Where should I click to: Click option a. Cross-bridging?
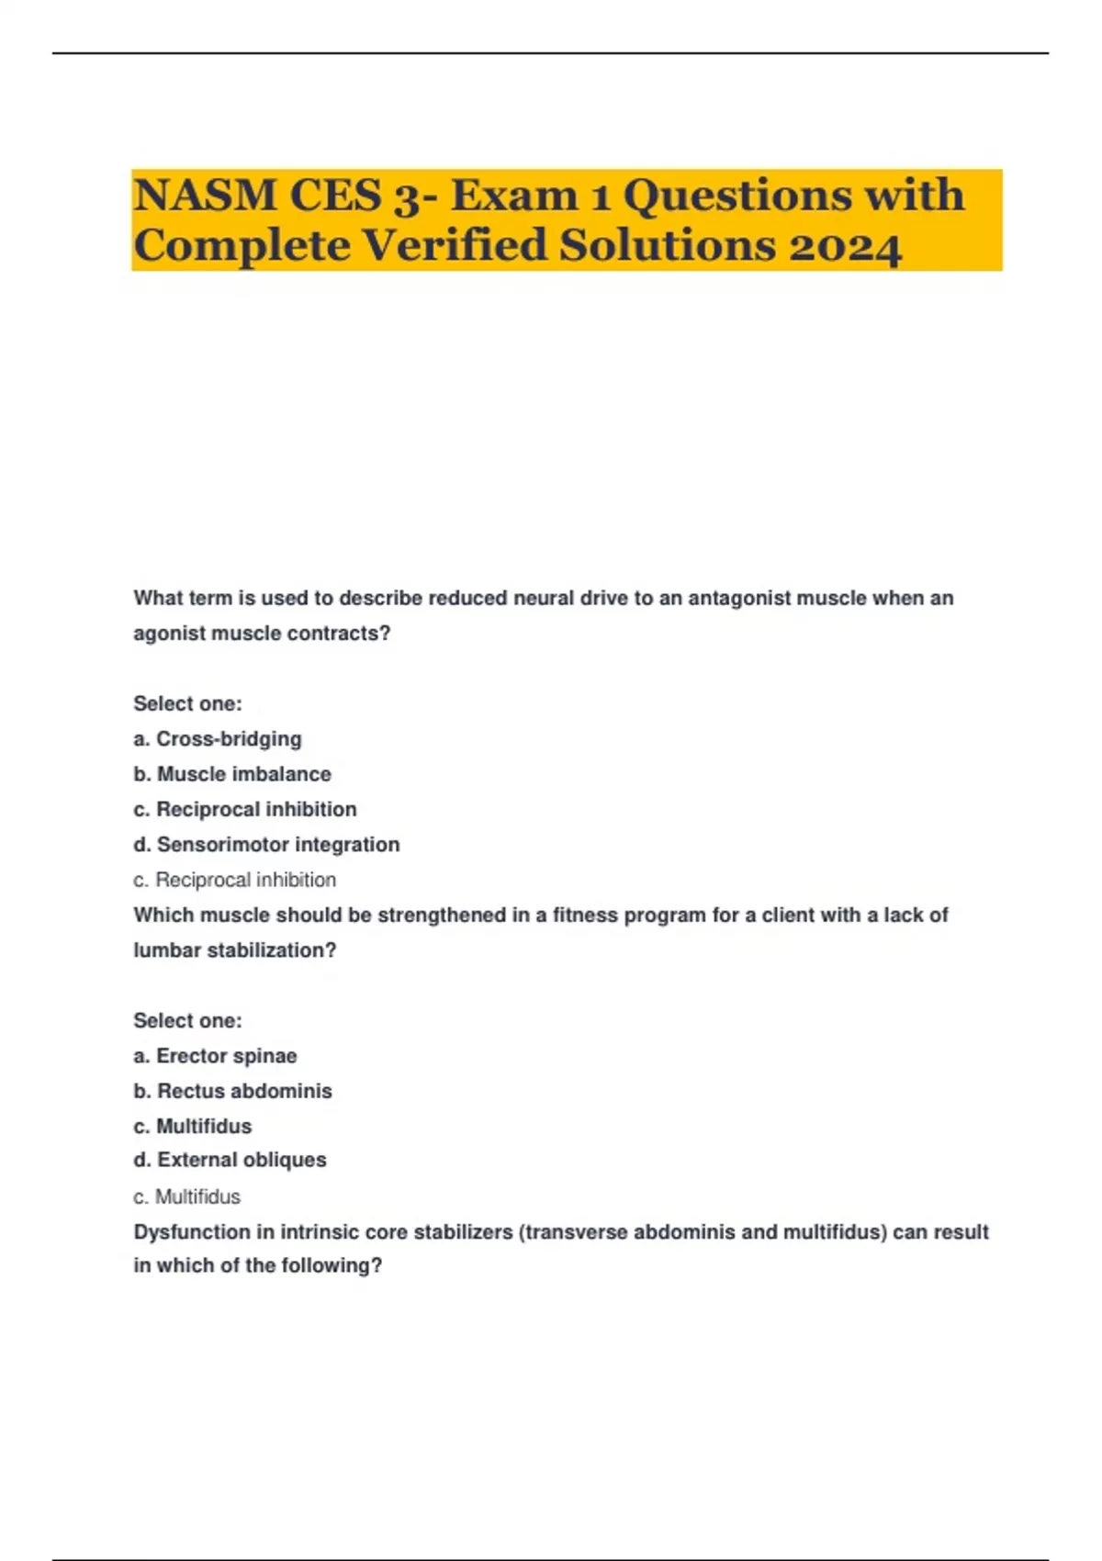[217, 739]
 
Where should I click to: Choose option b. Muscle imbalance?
[231, 774]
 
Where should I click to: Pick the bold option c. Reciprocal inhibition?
[244, 809]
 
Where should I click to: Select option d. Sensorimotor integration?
[266, 844]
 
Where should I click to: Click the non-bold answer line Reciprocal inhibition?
[235, 880]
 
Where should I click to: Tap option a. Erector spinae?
[215, 1056]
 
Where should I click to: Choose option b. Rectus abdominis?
[232, 1091]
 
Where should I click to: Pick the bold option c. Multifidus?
[192, 1126]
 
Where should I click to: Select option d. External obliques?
[230, 1160]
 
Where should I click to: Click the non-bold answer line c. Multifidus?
[186, 1196]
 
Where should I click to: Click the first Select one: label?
[187, 704]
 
